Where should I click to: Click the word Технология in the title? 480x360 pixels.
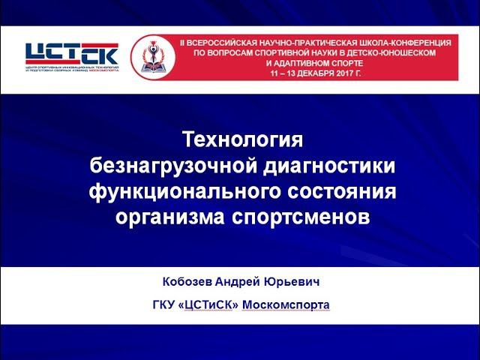[x=240, y=141]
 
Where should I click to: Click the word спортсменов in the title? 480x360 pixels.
[x=308, y=217]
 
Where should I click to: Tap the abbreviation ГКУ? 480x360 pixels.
[x=163, y=305]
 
